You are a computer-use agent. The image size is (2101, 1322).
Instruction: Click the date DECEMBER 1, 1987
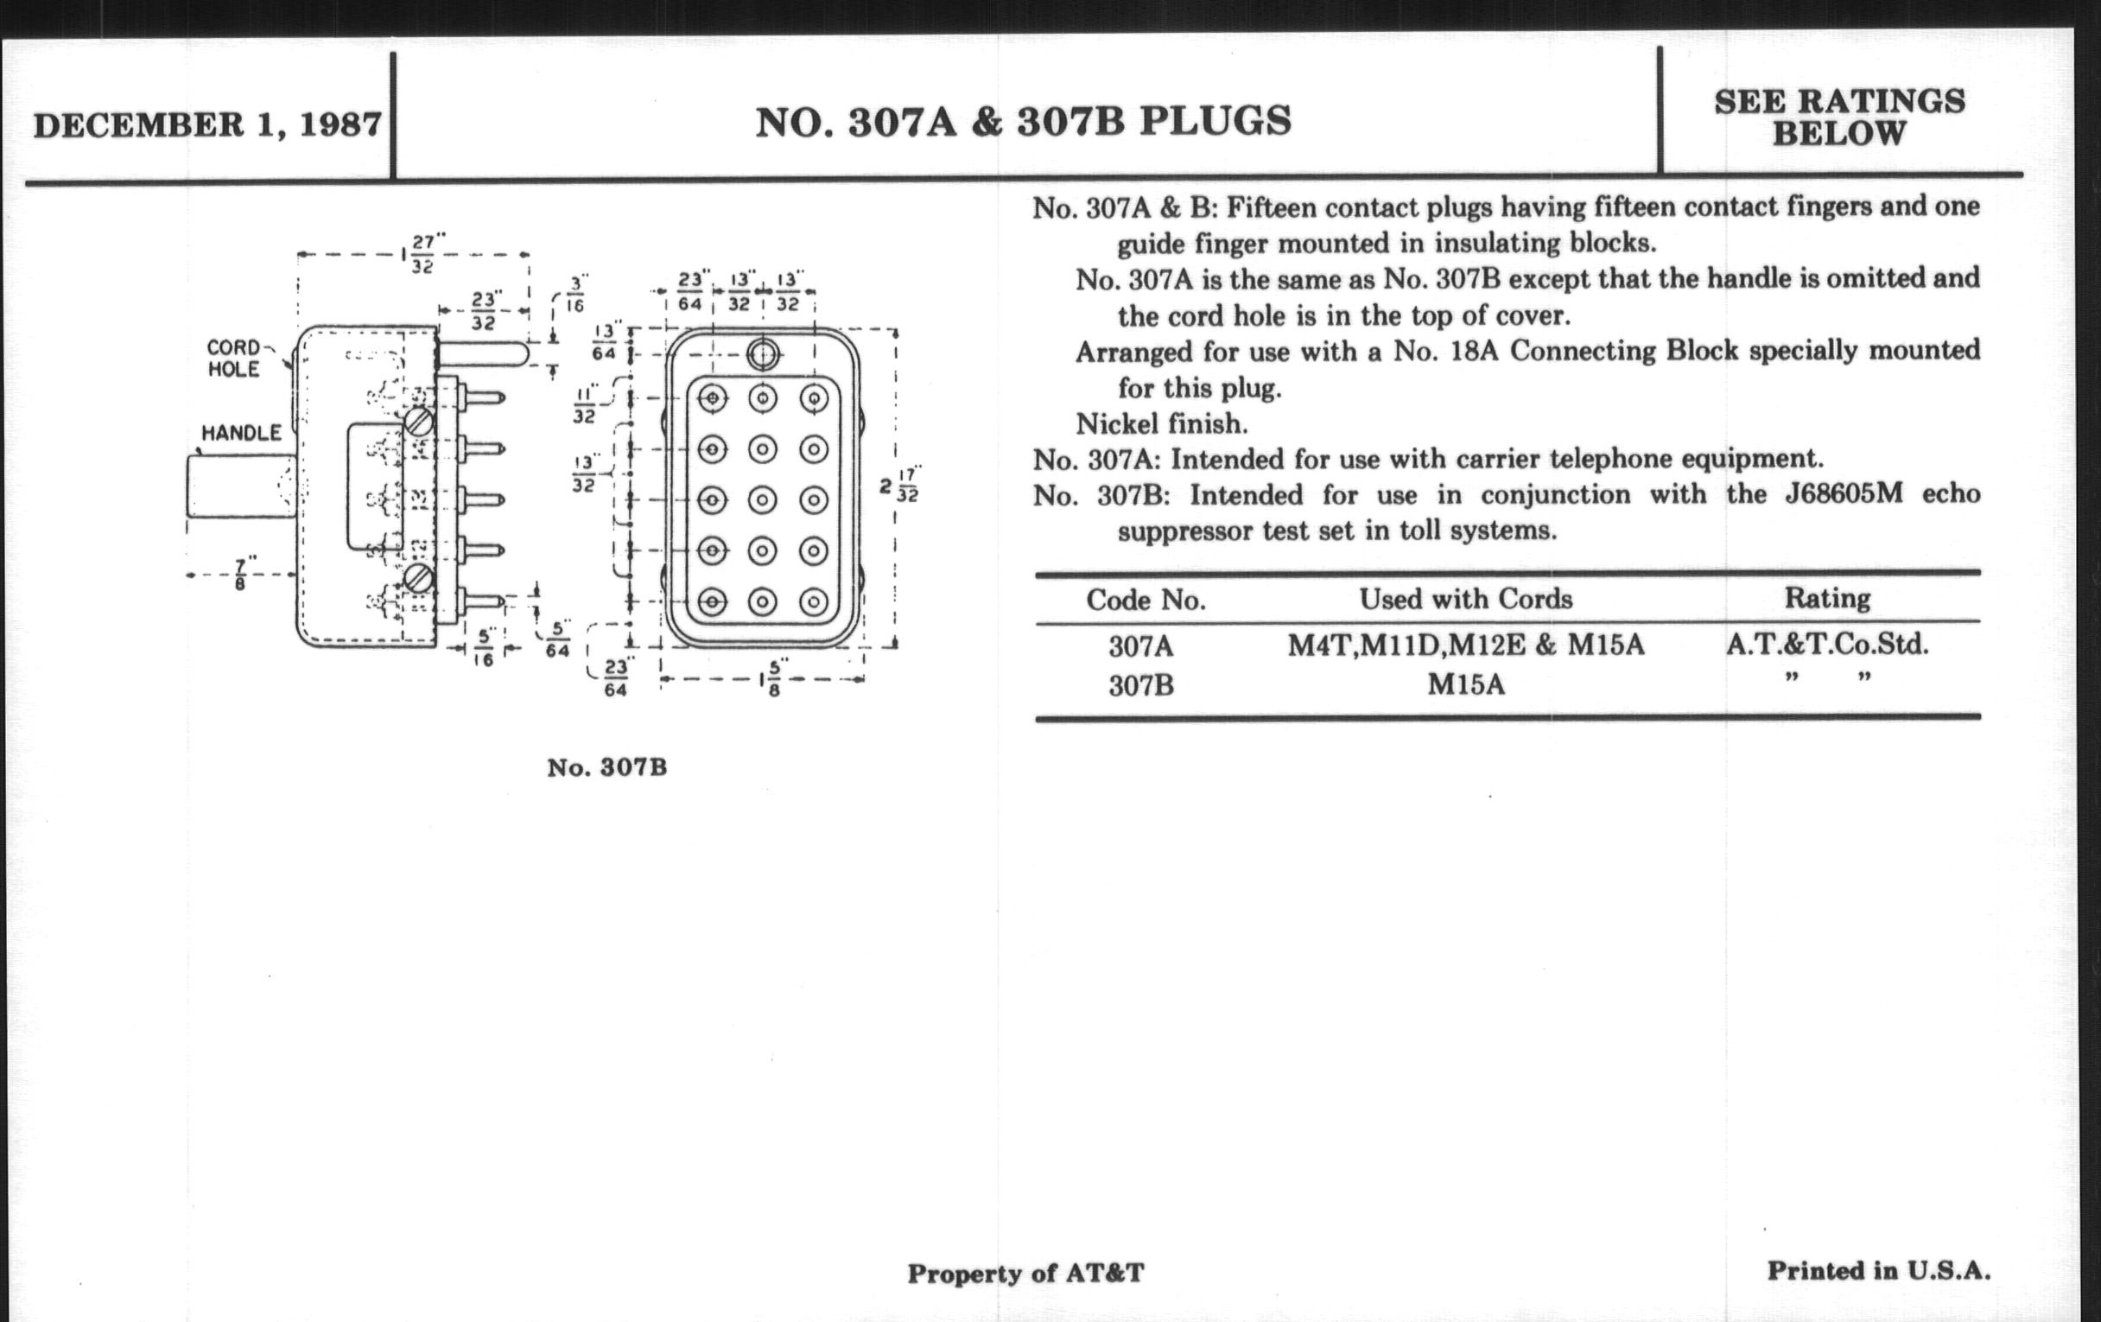click(207, 124)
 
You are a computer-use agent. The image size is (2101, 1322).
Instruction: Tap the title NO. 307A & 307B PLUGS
click(1024, 122)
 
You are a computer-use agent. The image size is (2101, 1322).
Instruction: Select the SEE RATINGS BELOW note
click(1840, 118)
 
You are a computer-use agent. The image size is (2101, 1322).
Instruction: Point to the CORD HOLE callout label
click(234, 359)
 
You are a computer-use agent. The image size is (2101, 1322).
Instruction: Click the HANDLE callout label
click(242, 433)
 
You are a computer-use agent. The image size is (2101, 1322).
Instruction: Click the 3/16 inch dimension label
click(577, 295)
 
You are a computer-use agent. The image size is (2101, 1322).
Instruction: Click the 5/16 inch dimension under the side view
click(485, 646)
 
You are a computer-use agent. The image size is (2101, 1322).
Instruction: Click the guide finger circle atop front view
click(764, 354)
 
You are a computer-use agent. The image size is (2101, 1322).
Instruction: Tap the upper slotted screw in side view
click(419, 423)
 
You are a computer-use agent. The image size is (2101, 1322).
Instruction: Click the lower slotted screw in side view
click(419, 578)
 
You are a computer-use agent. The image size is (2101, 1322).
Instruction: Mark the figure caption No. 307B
click(607, 768)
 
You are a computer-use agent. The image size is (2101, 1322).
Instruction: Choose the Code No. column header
click(1146, 601)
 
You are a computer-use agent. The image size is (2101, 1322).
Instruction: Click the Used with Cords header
click(1466, 599)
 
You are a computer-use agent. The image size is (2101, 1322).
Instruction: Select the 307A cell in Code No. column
click(1141, 646)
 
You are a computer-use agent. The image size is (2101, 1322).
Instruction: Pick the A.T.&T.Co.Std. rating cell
click(1827, 644)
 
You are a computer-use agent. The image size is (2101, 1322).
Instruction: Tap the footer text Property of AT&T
click(1025, 1274)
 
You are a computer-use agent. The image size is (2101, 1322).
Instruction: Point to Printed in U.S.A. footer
click(1879, 1270)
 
